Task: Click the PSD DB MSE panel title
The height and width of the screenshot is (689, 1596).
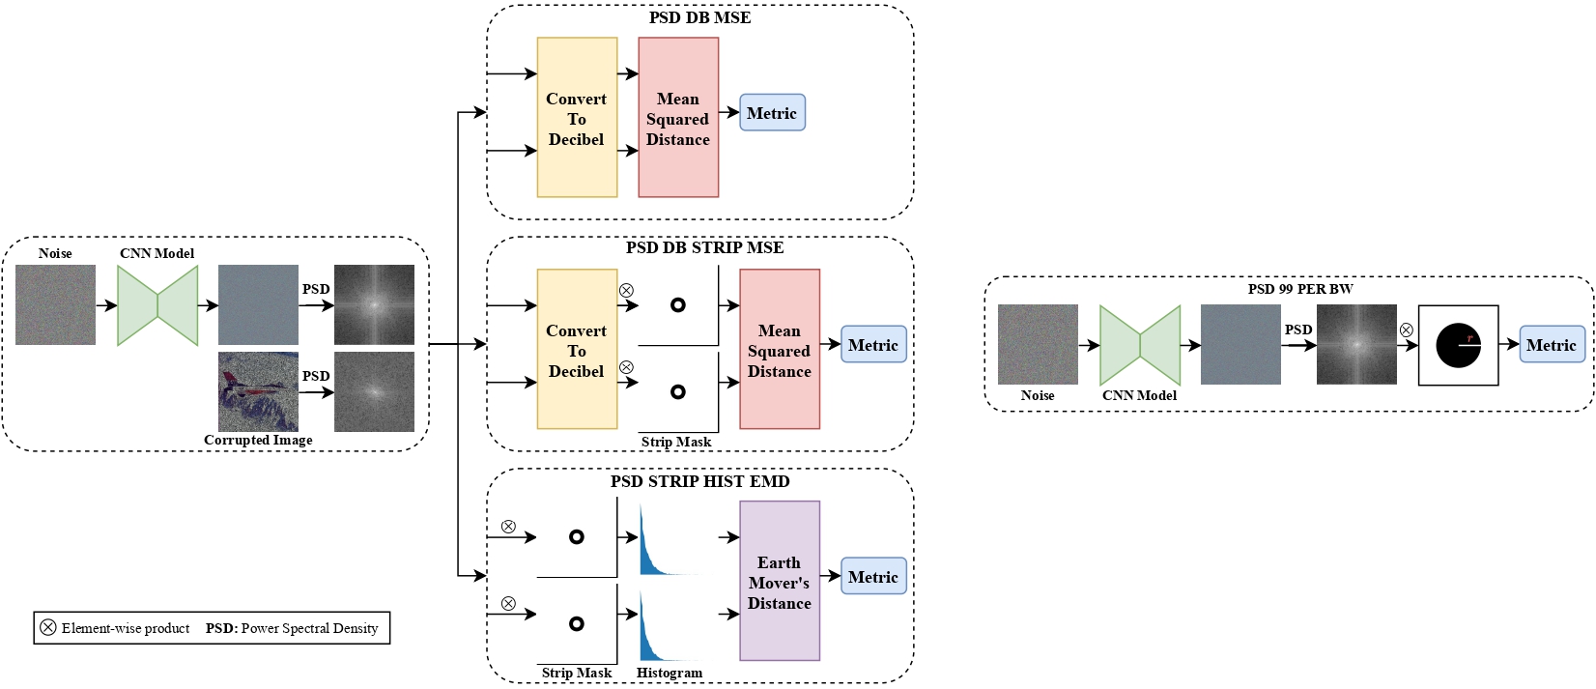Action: (699, 17)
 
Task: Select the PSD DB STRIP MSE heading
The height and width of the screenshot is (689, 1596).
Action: (704, 248)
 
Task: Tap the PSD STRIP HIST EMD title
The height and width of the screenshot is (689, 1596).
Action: (699, 481)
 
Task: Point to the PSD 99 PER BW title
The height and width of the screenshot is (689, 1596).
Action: (1300, 289)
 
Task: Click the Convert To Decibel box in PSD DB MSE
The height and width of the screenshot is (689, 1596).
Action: (577, 118)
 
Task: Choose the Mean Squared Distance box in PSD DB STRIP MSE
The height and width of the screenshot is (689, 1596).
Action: (780, 349)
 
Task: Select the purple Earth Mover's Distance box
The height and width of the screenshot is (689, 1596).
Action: (780, 581)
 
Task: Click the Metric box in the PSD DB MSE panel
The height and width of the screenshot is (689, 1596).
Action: (772, 112)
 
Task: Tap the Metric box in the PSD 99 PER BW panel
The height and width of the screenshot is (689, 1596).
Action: (1553, 345)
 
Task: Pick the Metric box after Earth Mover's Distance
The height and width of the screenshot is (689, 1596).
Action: (873, 577)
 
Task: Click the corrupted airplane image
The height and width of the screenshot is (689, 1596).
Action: (258, 391)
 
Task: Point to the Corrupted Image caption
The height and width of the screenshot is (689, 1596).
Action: (258, 441)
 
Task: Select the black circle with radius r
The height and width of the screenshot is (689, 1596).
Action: (1458, 346)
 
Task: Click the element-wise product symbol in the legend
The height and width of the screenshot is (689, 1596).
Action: (47, 628)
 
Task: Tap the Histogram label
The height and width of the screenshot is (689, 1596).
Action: (670, 674)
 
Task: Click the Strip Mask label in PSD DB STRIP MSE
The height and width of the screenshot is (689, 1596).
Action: (676, 443)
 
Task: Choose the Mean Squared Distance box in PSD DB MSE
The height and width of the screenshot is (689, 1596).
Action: (678, 118)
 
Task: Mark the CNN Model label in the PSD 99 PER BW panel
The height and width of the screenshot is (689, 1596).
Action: (1139, 395)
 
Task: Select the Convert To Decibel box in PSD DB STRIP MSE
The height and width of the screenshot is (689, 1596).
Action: (577, 349)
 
